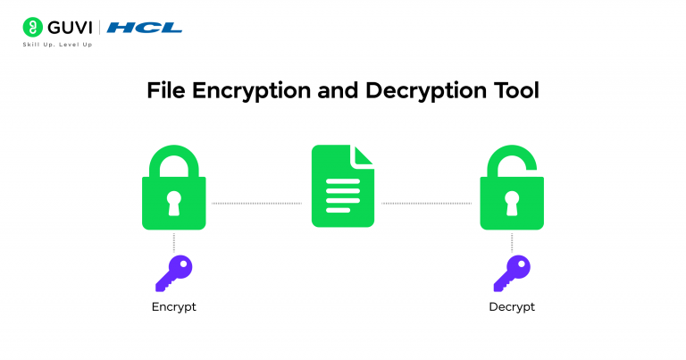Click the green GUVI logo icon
coord(34,27)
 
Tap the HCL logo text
coord(145,28)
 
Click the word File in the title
coord(166,91)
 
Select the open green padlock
coord(512,192)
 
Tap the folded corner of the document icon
coord(363,155)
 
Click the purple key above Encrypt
coord(173,273)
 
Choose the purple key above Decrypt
coord(512,273)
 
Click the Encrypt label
coord(173,307)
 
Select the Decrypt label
coord(512,307)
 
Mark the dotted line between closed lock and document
coord(256,204)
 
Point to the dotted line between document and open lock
coord(426,204)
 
